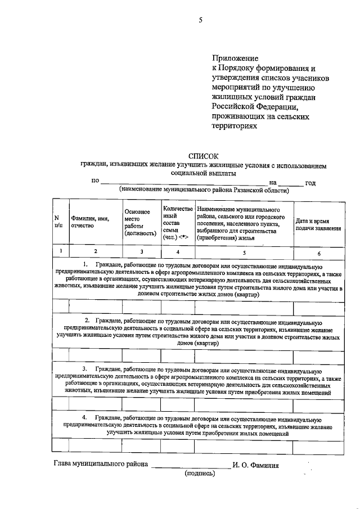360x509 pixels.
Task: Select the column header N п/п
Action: [x=58, y=222]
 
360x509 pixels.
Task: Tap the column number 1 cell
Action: [x=59, y=251]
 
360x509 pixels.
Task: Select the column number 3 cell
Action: [x=141, y=251]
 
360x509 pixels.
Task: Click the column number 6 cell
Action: [x=318, y=252]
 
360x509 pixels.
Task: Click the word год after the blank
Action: [x=310, y=183]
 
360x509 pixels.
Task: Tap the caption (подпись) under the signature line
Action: [x=200, y=474]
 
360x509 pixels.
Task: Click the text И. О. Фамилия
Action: [x=256, y=465]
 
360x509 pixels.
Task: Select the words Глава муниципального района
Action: [x=101, y=465]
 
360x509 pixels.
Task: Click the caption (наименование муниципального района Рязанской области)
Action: [x=204, y=190]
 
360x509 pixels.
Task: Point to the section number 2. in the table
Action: [x=87, y=319]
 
